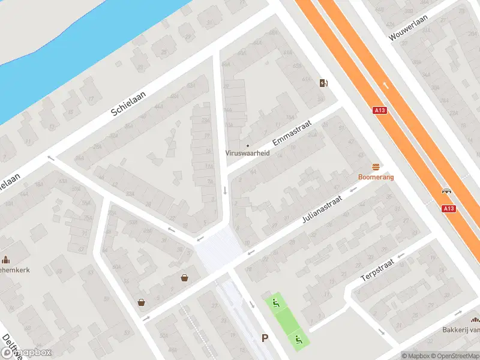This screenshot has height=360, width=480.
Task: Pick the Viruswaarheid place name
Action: point(247,153)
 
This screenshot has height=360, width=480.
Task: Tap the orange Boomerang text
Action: point(376,177)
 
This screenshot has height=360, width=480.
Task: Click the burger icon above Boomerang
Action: point(376,167)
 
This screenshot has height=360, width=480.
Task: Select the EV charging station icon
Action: point(324,83)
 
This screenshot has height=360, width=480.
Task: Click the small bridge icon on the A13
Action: point(446,191)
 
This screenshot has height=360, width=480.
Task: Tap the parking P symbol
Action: point(265,338)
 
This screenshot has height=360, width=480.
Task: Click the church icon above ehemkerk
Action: point(6,260)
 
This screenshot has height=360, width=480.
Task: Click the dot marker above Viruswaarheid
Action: point(247,145)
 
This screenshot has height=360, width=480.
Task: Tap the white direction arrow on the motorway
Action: point(385,85)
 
